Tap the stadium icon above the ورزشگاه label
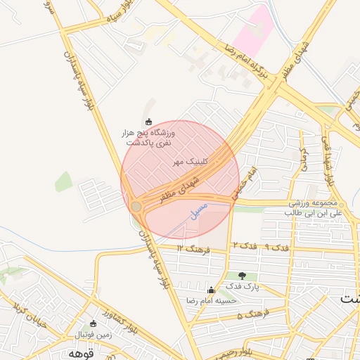pos(148,122)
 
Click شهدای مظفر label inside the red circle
pos(180,190)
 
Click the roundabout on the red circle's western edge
pos(136,206)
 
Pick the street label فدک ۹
pos(275,247)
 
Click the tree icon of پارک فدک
pos(243,276)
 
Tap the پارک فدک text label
pos(243,287)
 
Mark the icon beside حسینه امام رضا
pos(211,290)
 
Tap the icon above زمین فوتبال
pos(94,323)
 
